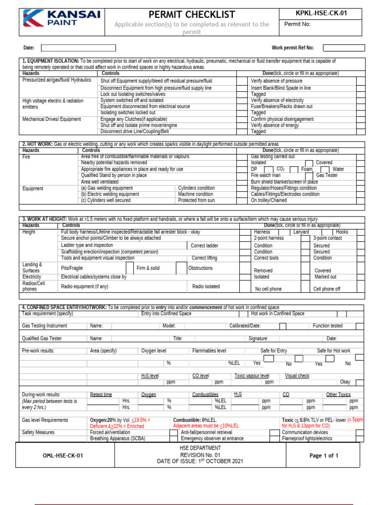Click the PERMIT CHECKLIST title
click(192, 14)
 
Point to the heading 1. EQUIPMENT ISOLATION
click(50, 61)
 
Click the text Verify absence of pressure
click(276, 80)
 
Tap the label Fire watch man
click(265, 175)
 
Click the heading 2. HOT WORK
click(38, 144)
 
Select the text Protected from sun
click(196, 201)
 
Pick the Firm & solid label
click(148, 268)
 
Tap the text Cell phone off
click(327, 289)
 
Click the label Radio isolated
click(206, 286)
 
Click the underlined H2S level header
click(150, 376)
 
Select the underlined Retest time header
click(101, 395)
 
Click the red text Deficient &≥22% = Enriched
click(117, 426)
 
